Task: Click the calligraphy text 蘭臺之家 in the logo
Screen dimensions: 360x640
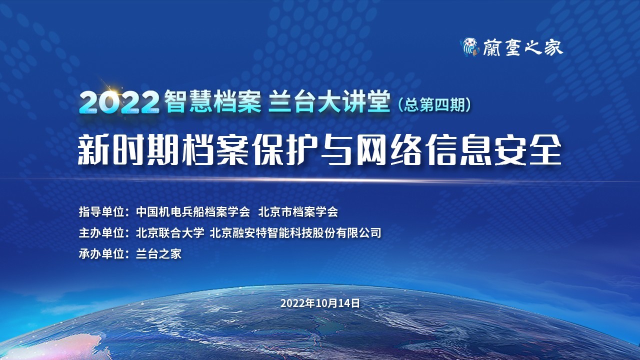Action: click(x=522, y=47)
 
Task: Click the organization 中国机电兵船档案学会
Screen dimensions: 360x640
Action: click(x=192, y=212)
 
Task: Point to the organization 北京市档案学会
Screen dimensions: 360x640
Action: click(x=298, y=212)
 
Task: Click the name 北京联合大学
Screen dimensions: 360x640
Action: click(x=170, y=233)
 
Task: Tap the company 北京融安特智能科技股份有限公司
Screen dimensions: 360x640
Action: click(x=295, y=233)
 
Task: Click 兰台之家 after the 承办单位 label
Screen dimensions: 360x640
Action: click(x=158, y=254)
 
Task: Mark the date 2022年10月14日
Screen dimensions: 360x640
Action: click(x=320, y=303)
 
